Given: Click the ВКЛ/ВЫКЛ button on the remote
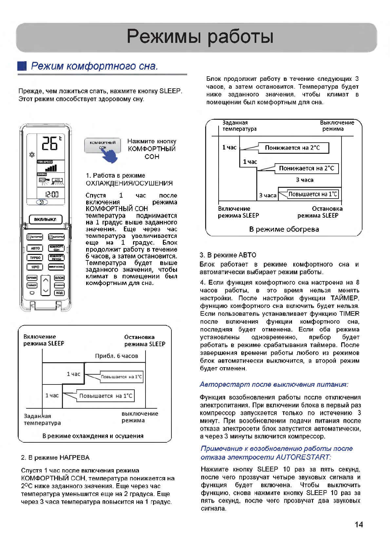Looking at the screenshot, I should tap(46, 219).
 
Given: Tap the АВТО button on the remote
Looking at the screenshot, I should tap(35, 248).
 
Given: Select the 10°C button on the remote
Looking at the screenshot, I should tap(35, 267).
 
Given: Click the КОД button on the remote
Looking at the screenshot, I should tap(59, 293).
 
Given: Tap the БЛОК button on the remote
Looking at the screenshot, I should tap(59, 278).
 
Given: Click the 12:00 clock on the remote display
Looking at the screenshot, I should tap(52, 194).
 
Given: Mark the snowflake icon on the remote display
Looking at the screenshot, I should tap(32, 155).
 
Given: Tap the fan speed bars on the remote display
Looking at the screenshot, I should tap(51, 168).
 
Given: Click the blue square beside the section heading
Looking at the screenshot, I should tap(22, 66).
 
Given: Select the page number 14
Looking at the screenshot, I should tap(359, 524).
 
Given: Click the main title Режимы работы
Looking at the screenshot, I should tap(200, 36).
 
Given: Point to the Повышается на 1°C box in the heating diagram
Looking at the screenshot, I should tap(313, 194).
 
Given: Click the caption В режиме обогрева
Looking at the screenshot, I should tap(284, 229).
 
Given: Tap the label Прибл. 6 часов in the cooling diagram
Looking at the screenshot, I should tap(116, 356).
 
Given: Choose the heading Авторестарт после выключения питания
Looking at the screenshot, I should tap(274, 384).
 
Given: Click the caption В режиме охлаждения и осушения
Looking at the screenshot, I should tap(93, 436).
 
